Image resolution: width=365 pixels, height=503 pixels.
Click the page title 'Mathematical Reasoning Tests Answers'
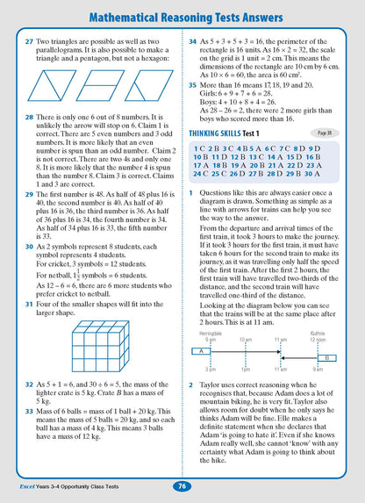(x=182, y=13)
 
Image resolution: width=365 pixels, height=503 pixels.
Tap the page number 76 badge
(x=181, y=485)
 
